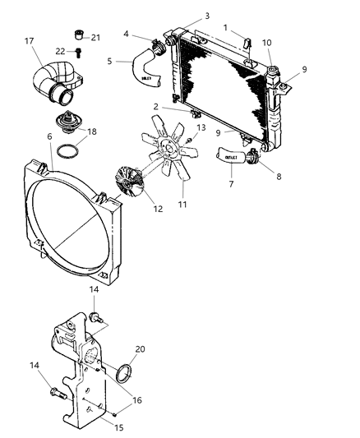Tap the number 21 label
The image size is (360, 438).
[x=95, y=37]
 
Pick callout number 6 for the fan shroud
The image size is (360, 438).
[x=49, y=137]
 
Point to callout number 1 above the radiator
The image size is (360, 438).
[x=226, y=28]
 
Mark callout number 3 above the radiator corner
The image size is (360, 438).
[x=207, y=16]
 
